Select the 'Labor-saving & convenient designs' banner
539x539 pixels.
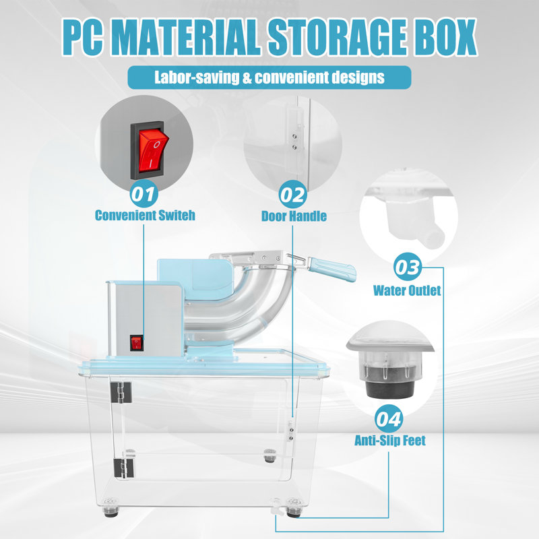click(269, 77)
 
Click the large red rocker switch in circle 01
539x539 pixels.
click(153, 150)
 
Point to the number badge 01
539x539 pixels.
click(144, 193)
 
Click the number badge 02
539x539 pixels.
click(292, 195)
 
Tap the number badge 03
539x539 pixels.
click(408, 267)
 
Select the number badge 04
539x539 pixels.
click(389, 418)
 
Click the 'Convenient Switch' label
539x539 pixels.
click(145, 216)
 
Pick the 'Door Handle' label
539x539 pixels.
click(294, 216)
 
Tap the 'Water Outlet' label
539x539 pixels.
click(407, 290)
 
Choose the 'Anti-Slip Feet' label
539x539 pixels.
click(390, 441)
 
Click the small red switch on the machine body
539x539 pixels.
click(137, 343)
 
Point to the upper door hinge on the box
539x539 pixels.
click(121, 392)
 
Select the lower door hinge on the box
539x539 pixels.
click(123, 468)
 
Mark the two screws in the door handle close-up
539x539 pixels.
click(294, 141)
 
